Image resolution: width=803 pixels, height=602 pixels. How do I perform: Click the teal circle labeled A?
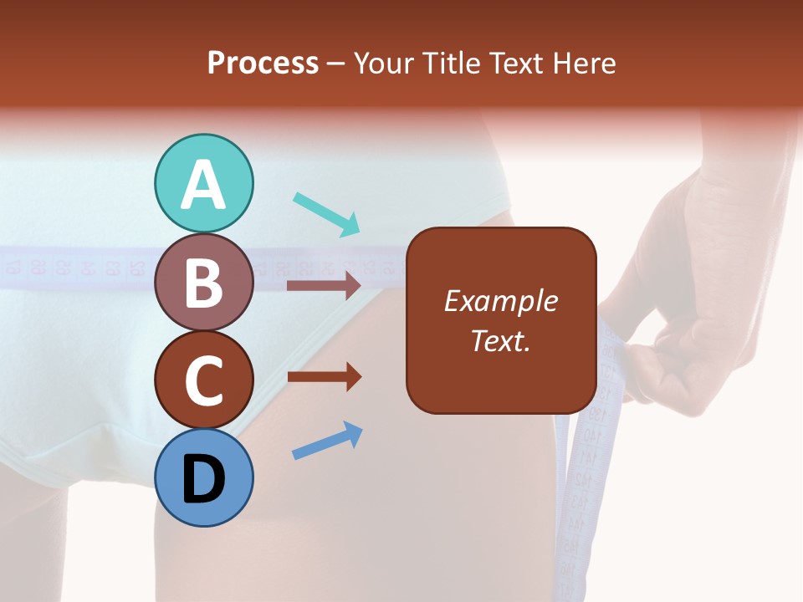204,183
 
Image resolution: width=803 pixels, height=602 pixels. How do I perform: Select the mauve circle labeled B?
204,283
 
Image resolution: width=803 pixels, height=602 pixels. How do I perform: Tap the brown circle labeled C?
204,380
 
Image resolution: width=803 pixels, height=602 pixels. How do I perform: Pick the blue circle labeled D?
204,477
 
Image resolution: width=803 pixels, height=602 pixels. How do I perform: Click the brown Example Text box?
501,320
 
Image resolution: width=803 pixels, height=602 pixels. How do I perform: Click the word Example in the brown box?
501,301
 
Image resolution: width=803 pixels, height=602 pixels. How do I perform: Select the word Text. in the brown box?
501,340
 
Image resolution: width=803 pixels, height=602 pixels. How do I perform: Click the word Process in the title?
263,63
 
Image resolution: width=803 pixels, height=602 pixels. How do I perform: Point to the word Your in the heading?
383,63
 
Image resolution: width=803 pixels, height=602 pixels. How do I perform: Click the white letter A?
204,185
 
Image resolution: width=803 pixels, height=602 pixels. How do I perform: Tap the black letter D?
204,479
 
